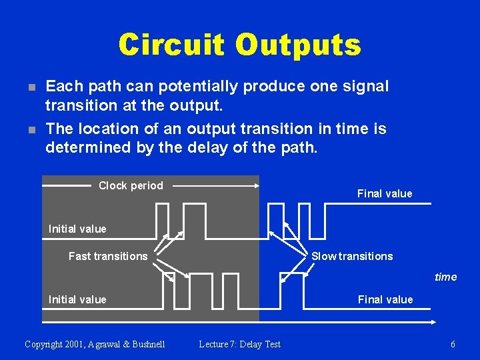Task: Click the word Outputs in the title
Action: click(x=297, y=45)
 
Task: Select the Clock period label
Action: click(x=131, y=185)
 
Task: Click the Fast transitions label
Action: click(x=108, y=256)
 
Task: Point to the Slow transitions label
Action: click(x=352, y=256)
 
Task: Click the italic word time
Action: click(x=445, y=277)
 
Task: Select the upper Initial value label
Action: click(x=77, y=229)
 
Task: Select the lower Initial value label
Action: click(x=77, y=299)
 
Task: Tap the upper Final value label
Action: click(x=385, y=193)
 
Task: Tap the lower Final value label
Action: click(x=385, y=299)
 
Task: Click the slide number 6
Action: click(x=453, y=344)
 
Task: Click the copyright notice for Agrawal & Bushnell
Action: click(x=95, y=344)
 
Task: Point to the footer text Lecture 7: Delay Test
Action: click(x=240, y=344)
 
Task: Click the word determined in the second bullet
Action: click(x=84, y=147)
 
